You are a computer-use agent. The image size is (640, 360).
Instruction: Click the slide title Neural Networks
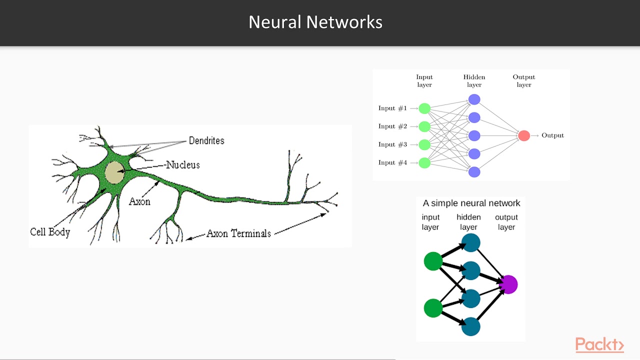315,22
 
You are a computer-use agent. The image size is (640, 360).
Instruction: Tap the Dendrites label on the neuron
206,140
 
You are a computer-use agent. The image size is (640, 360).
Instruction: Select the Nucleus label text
183,165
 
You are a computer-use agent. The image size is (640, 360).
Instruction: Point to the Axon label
139,201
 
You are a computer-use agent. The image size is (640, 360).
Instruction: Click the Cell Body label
50,232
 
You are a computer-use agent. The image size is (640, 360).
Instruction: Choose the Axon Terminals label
238,233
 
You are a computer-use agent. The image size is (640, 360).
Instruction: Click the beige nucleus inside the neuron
115,172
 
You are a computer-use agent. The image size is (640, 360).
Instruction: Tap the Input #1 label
392,108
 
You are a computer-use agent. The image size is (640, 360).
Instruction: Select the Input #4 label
392,162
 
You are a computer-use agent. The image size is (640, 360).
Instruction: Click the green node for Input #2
424,126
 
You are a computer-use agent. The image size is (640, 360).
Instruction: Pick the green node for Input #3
424,145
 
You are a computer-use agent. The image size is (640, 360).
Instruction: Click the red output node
524,135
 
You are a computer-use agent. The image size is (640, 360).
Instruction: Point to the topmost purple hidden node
474,99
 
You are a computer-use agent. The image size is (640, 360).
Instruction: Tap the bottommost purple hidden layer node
474,172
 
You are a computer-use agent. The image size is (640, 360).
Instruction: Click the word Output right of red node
552,135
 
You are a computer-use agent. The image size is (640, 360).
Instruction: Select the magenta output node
508,284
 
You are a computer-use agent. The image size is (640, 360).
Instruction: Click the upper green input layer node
433,261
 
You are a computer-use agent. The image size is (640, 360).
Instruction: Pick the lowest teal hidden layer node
471,326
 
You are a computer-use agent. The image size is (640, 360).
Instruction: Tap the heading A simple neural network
471,203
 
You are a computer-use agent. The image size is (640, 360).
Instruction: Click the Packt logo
599,344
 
